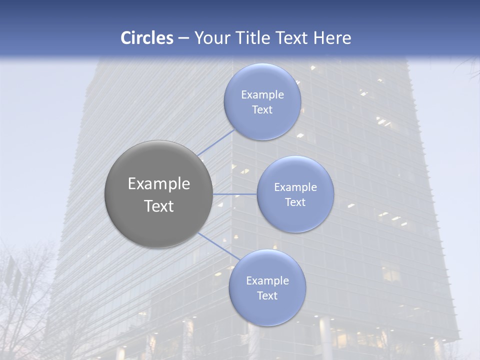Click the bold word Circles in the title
(x=147, y=38)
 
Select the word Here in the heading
(x=332, y=38)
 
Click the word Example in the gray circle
(x=159, y=184)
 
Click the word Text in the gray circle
(x=159, y=206)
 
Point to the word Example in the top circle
(x=262, y=95)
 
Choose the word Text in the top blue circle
(x=262, y=110)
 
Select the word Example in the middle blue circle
(x=295, y=187)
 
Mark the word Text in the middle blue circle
(x=295, y=202)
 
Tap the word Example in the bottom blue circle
(x=267, y=281)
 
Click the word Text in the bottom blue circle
(x=267, y=296)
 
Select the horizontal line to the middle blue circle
(x=235, y=194)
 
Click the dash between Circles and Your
(x=183, y=38)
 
